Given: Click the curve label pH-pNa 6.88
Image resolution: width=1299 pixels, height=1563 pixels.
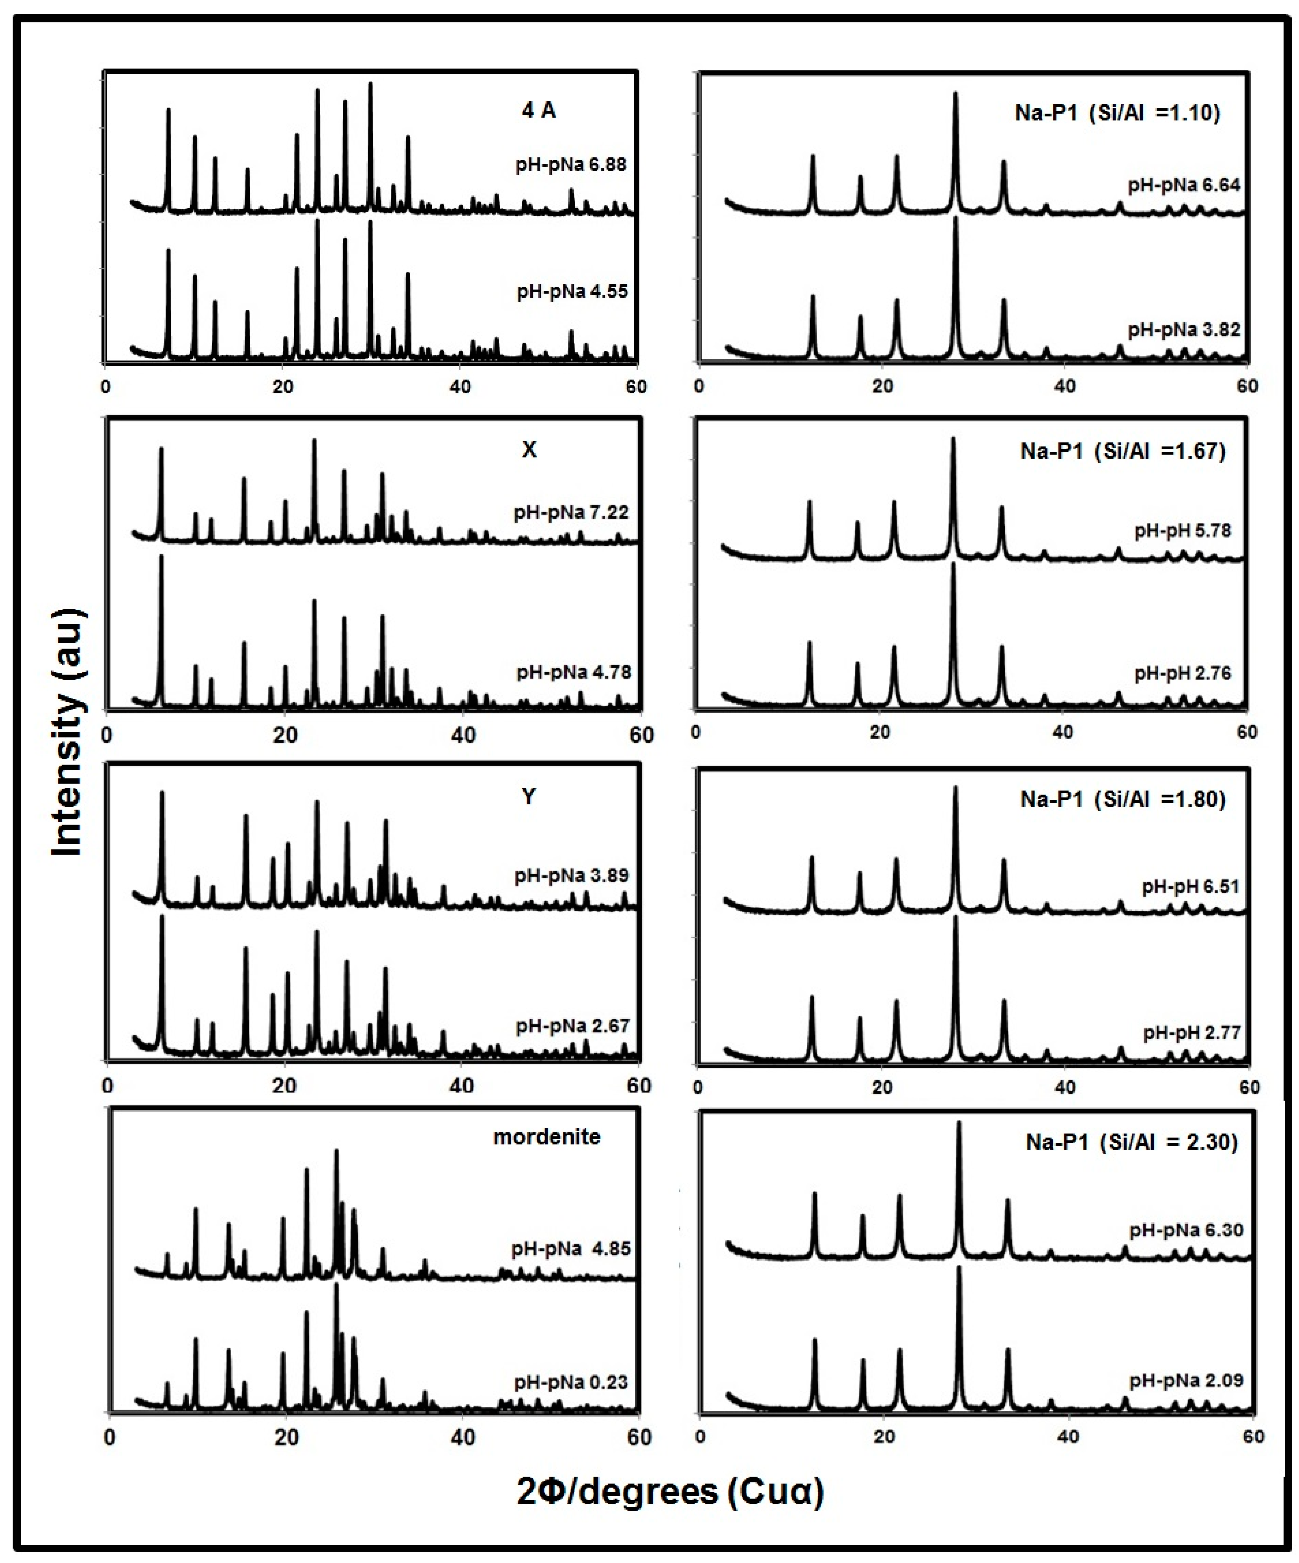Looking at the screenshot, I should [571, 164].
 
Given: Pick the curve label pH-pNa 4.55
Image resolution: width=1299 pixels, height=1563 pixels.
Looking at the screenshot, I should [572, 291].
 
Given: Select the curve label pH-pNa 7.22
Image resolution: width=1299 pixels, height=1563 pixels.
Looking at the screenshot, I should [571, 512].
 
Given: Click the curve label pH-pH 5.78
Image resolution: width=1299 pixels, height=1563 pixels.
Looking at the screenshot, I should [1182, 531].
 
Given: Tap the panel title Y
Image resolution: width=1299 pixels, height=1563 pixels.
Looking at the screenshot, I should [528, 796].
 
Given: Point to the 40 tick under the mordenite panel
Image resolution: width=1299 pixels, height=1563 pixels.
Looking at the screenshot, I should [463, 1438].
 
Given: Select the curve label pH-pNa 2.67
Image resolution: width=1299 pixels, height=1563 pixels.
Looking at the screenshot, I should [572, 1026].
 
